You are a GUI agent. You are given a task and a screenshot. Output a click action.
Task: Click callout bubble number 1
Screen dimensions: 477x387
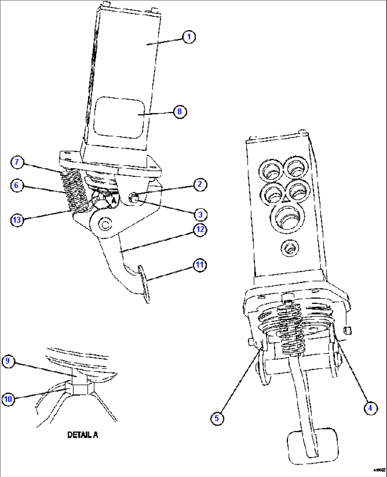coord(189,37)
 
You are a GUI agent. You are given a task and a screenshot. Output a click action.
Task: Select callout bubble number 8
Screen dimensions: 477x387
coord(180,112)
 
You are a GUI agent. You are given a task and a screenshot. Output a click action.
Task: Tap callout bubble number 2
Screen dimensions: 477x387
coord(200,184)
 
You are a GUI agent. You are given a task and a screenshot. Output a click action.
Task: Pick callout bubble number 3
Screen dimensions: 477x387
coord(200,215)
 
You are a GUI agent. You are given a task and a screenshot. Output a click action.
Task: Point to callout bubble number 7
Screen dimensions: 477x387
coord(17,162)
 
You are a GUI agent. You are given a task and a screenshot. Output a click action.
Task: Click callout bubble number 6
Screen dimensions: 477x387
coord(16,185)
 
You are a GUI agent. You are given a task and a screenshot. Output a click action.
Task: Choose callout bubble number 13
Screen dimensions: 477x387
coord(17,220)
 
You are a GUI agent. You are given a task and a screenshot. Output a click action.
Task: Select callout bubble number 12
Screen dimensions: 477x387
coord(200,230)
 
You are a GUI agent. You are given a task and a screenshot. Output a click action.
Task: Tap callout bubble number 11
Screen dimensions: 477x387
coord(200,265)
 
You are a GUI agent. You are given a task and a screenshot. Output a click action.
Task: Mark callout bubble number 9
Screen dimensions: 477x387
coord(8,361)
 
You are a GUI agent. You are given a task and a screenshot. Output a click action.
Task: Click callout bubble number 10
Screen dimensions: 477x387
coord(8,399)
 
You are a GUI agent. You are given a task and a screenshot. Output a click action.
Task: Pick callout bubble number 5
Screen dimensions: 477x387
coord(217,418)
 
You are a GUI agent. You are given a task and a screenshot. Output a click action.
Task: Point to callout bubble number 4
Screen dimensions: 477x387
coord(370,408)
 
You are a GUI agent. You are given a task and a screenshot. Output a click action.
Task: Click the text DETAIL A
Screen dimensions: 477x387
coord(83,435)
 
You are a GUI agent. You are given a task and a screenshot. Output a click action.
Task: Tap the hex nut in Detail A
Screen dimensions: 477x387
coord(81,388)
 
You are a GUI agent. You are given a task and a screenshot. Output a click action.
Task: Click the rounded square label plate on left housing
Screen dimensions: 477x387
coord(119,117)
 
